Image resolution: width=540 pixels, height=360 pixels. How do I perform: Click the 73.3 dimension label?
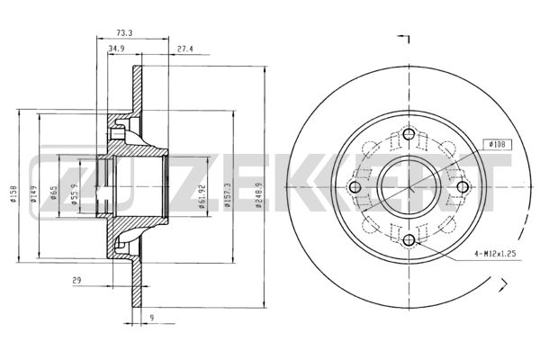click(124, 33)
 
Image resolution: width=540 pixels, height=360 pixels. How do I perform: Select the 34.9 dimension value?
click(116, 49)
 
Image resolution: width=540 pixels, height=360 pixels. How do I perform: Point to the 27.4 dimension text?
click(184, 49)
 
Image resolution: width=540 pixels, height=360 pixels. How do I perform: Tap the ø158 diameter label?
click(13, 193)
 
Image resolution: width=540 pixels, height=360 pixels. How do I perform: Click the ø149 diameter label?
click(33, 193)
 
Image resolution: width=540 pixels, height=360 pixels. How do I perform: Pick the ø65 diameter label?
click(54, 193)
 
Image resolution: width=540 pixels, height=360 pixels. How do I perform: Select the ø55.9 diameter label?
click(75, 193)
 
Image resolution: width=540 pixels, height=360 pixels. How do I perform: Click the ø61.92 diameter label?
click(202, 196)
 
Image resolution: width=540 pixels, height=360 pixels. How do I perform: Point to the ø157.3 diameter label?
click(227, 195)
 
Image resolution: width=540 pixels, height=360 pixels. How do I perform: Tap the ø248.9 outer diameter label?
click(259, 195)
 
